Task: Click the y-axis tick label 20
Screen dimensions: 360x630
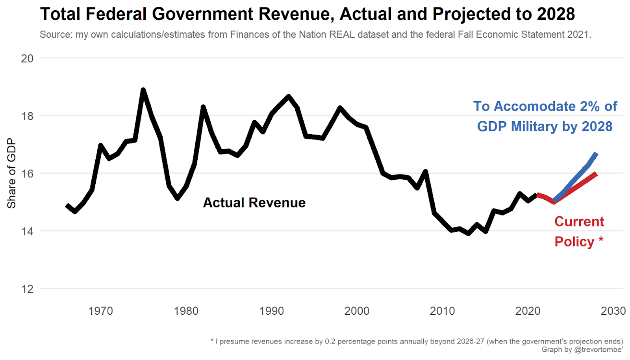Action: click(x=27, y=58)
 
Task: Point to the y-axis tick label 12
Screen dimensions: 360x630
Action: click(x=27, y=289)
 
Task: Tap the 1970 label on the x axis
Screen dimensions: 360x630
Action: click(x=100, y=311)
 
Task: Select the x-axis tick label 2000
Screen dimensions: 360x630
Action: click(x=357, y=311)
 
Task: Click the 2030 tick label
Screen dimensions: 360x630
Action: click(x=613, y=311)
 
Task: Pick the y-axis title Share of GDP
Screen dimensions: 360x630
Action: click(x=11, y=173)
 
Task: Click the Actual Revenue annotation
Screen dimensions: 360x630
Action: click(x=254, y=202)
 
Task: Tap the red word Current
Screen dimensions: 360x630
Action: click(x=579, y=221)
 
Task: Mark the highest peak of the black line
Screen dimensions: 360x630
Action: click(x=143, y=90)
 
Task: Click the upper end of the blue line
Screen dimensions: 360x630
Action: click(x=597, y=154)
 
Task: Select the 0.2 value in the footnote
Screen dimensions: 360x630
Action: click(x=330, y=341)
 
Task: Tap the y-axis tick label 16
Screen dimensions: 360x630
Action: click(x=27, y=174)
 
